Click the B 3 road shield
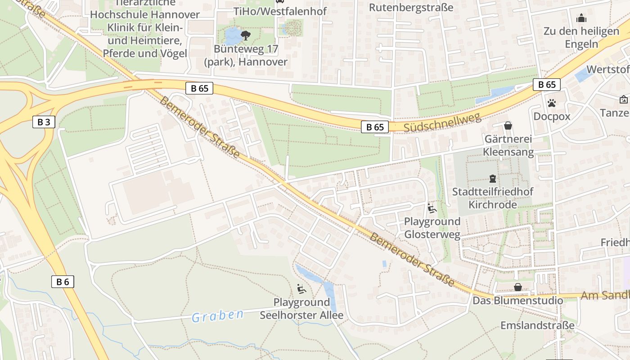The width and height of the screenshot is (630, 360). (x=44, y=122)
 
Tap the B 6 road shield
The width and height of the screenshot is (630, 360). (x=62, y=282)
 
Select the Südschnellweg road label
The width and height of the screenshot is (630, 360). (x=442, y=122)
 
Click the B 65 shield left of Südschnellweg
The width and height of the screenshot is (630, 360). (x=375, y=127)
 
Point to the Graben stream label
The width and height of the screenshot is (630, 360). (x=218, y=316)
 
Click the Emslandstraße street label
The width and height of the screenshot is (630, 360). (x=538, y=325)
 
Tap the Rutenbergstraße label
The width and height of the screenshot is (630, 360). (x=411, y=8)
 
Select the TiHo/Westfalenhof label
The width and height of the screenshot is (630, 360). (x=280, y=11)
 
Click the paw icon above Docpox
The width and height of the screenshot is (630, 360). (x=552, y=103)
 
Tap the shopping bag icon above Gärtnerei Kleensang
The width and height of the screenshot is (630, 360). (x=508, y=126)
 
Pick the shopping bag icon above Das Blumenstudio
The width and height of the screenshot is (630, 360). (x=518, y=287)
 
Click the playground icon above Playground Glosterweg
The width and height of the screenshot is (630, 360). (x=432, y=208)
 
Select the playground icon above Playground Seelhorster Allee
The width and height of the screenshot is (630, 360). (x=301, y=288)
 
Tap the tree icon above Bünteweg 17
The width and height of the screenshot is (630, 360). (x=246, y=35)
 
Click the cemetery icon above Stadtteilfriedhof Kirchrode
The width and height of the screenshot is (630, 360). (x=493, y=179)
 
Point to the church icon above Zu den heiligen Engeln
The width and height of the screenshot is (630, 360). (x=581, y=18)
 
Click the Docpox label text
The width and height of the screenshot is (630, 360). (x=552, y=117)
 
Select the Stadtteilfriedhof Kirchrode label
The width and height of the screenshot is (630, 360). (x=493, y=198)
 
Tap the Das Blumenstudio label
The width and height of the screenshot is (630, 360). (x=517, y=301)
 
